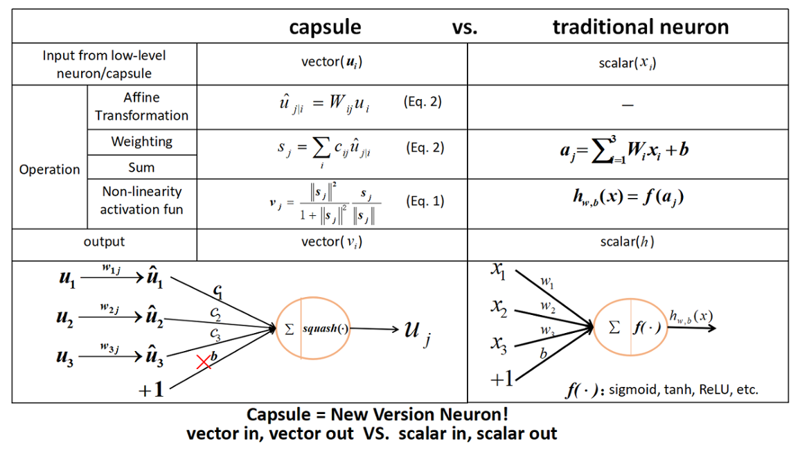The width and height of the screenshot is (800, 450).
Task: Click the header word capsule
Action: point(325,27)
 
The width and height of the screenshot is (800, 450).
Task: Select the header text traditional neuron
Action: point(640,27)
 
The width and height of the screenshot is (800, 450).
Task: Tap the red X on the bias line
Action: point(204,361)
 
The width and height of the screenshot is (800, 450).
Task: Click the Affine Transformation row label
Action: point(141,107)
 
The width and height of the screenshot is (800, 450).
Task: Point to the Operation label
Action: point(49,170)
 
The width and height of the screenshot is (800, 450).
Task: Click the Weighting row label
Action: point(141,142)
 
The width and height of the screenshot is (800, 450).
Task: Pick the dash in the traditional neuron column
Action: point(628,105)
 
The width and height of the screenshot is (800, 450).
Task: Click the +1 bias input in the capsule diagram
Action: point(152,389)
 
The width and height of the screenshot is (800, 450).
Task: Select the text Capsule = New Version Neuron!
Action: point(377,415)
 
